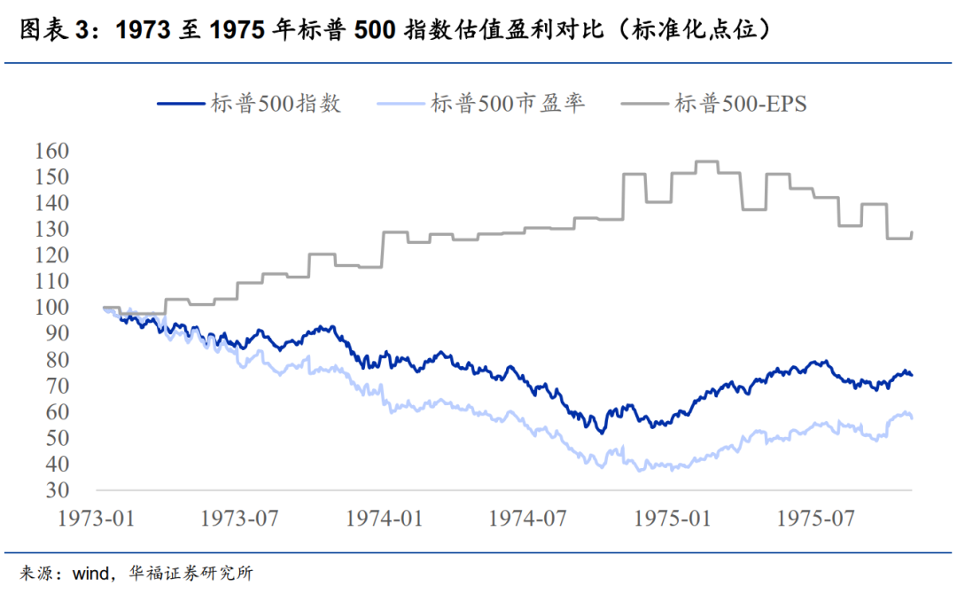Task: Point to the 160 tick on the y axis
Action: click(x=51, y=152)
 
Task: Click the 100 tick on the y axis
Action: click(x=51, y=308)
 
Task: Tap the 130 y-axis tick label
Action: click(x=51, y=230)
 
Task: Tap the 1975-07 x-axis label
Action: click(x=816, y=518)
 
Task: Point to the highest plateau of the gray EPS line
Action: click(x=706, y=161)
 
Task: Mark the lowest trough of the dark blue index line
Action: click(x=602, y=432)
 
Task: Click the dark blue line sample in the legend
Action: click(x=181, y=104)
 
